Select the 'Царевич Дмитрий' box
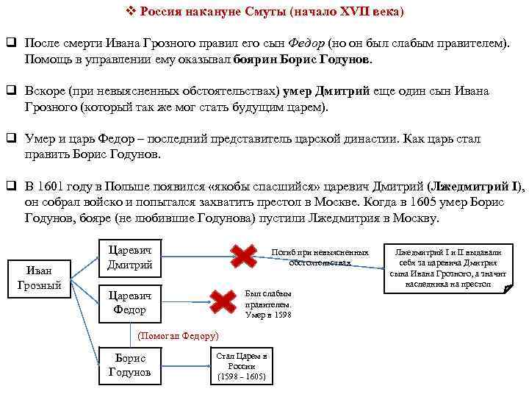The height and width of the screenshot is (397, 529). [129, 256]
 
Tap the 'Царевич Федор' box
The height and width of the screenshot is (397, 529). [129, 301]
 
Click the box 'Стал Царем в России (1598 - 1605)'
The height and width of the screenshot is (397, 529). [241, 366]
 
